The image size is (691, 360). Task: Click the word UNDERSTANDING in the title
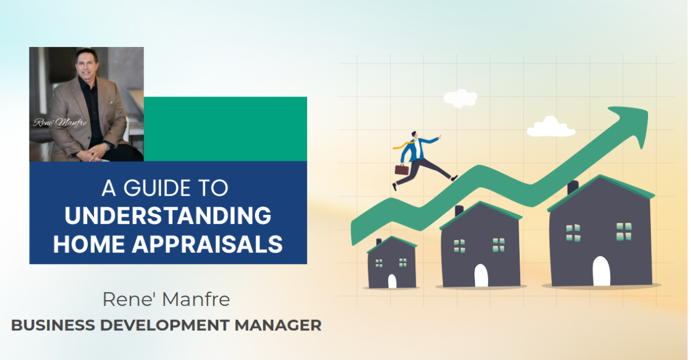(x=168, y=216)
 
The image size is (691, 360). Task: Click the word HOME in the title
(x=88, y=244)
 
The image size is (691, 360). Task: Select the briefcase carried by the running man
(x=401, y=170)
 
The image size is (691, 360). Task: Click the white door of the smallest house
(x=392, y=281)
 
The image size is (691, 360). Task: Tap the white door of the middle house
(x=481, y=275)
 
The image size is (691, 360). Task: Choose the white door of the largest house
(x=601, y=271)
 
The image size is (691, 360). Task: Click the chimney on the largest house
(x=573, y=187)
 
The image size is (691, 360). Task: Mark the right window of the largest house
(x=624, y=231)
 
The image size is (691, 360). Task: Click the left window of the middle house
(x=459, y=246)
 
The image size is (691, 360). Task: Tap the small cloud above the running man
(x=460, y=98)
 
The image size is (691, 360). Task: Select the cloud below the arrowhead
(x=550, y=127)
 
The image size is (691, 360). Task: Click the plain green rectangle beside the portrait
(x=225, y=129)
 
